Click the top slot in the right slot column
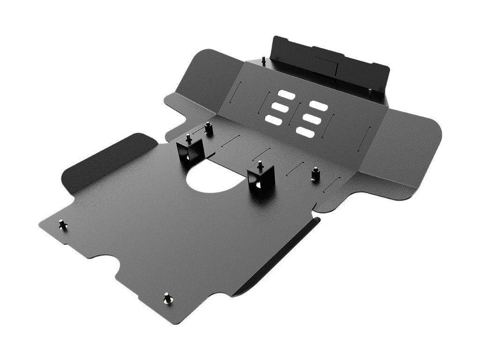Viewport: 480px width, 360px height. pos(320,106)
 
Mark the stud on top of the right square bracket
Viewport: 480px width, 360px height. pos(260,165)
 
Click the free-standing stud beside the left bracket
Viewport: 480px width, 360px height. pos(209,127)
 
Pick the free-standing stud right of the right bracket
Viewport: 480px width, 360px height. pos(315,174)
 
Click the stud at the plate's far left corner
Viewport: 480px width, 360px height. pos(63,225)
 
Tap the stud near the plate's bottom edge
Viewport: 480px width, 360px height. pos(167,298)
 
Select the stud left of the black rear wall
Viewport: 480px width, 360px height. pos(264,60)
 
